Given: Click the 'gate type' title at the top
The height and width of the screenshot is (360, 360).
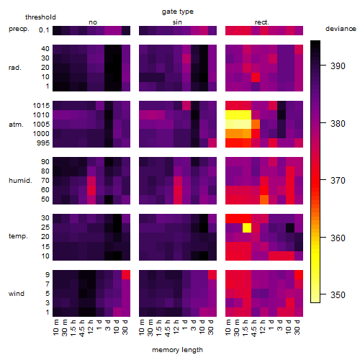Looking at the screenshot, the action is point(178,12).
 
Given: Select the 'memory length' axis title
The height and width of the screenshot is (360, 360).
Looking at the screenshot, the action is point(177,350).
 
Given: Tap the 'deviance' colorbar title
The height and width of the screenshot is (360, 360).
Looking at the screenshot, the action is point(341,29).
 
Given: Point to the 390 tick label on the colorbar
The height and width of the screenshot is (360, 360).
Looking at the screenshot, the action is point(338,66).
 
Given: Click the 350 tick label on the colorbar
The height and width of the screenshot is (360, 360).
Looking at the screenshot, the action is point(338,294).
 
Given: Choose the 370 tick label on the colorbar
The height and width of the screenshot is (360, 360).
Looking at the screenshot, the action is point(338,180).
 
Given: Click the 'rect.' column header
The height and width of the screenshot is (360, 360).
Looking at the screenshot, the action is point(262,22).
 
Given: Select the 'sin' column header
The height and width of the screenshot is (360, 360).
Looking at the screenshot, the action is point(177,22).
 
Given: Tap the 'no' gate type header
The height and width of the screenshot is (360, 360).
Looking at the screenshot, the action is point(93,22).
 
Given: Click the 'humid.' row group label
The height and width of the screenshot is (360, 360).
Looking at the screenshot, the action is point(20,181).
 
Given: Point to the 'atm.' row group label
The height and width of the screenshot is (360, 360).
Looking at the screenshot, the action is point(16,125).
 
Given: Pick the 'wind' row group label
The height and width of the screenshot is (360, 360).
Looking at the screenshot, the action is point(17,294).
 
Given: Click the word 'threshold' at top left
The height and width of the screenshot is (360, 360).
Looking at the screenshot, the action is point(40,17).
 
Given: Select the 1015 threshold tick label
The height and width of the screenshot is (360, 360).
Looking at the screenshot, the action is point(41,106).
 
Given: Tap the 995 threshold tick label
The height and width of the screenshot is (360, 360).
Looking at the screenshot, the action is point(43,143).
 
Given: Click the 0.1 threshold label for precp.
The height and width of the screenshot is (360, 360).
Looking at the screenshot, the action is point(44,30).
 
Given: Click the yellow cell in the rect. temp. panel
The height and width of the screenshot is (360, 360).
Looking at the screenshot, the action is point(247,228).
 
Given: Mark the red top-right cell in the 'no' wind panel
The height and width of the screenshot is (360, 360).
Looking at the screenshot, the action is point(126,275).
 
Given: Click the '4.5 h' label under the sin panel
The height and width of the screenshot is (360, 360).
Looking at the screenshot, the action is point(168,328).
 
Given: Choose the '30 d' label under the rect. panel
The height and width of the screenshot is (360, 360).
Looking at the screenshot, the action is point(297,327).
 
